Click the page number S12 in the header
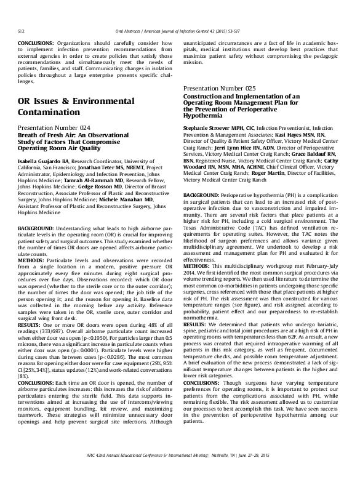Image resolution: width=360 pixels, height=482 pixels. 20,30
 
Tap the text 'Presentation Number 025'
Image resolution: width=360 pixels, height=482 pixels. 220,89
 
